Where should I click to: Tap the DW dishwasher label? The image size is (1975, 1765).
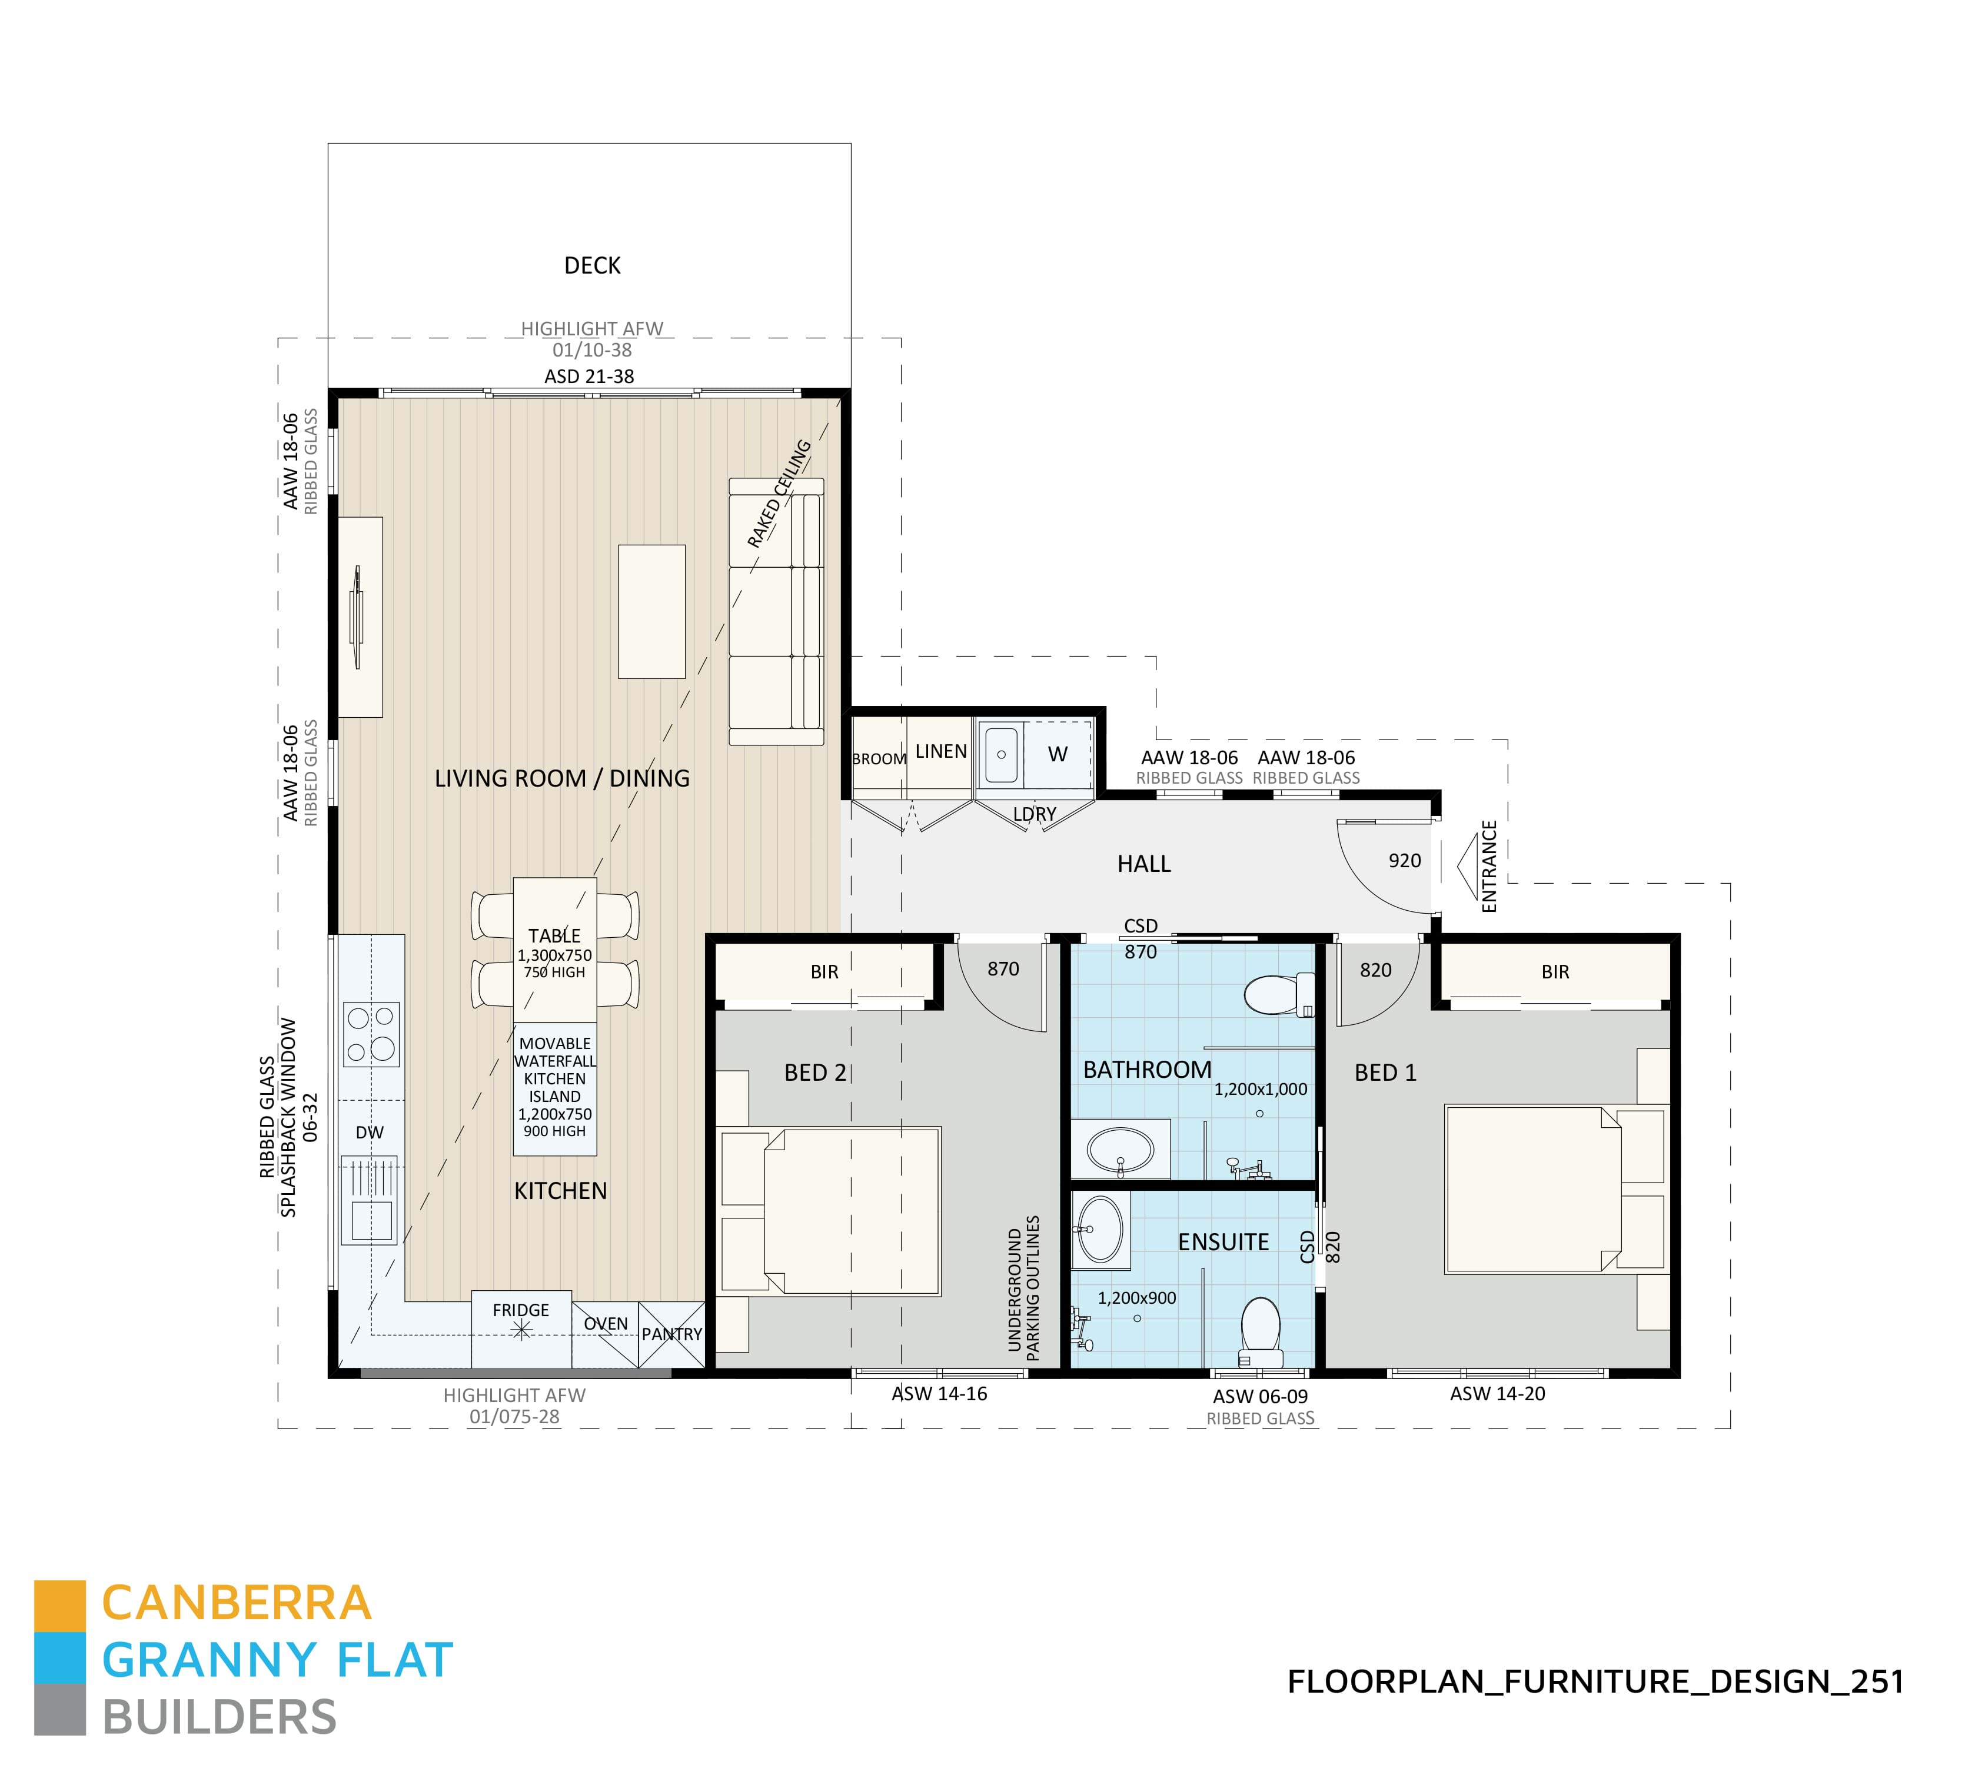(x=370, y=1133)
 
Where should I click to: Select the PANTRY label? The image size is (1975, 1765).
(x=671, y=1334)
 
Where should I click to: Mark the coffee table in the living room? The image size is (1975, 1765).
(x=652, y=611)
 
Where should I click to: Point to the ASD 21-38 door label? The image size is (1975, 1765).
(x=589, y=377)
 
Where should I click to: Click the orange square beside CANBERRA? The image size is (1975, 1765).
(x=60, y=1606)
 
